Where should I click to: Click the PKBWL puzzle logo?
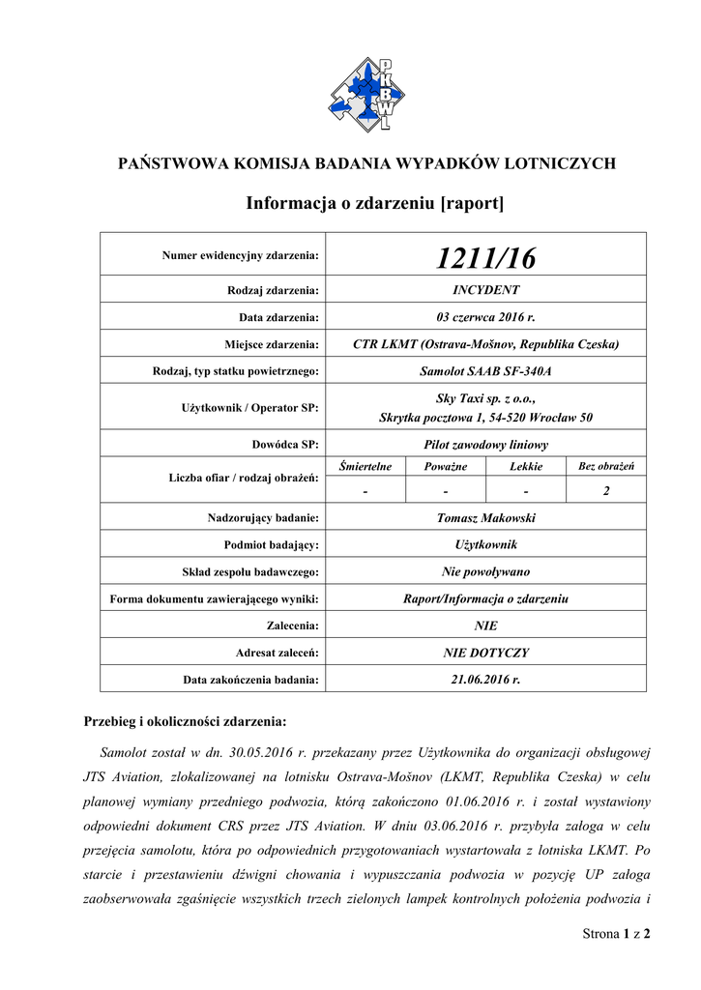pyautogui.click(x=366, y=93)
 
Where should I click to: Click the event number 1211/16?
pyautogui.click(x=485, y=258)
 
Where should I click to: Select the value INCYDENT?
pyautogui.click(x=485, y=289)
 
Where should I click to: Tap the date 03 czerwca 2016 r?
pyautogui.click(x=485, y=316)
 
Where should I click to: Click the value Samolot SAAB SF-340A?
pyautogui.click(x=485, y=370)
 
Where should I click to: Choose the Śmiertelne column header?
pyautogui.click(x=365, y=467)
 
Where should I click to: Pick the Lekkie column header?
pyautogui.click(x=526, y=467)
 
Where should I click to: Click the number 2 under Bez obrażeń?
pyautogui.click(x=605, y=491)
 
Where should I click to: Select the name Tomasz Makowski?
pyautogui.click(x=485, y=518)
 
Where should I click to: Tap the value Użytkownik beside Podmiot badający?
pyautogui.click(x=485, y=545)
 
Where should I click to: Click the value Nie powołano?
pyautogui.click(x=485, y=571)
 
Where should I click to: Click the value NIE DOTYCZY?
pyautogui.click(x=485, y=653)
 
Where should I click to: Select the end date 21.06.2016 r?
pyautogui.click(x=485, y=680)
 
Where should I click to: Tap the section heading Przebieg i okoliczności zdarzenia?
pyautogui.click(x=185, y=721)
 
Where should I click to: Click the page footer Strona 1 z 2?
pyautogui.click(x=616, y=934)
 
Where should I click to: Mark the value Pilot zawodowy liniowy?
pyautogui.click(x=485, y=445)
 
